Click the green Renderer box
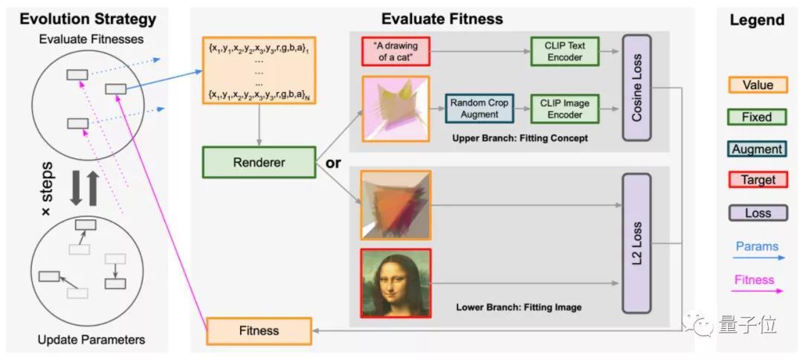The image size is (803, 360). tap(259, 162)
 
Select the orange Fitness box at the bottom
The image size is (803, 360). tap(259, 330)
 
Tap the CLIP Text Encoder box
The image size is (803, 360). tap(564, 51)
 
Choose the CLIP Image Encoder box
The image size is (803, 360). tap(564, 109)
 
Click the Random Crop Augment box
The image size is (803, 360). tap(480, 109)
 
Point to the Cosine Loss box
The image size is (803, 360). tap(636, 88)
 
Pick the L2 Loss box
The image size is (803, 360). tap(636, 243)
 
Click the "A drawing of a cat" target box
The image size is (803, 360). tap(396, 51)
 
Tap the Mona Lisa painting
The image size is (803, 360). tap(396, 283)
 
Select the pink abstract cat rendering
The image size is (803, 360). tap(396, 109)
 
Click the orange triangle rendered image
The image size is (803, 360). tap(396, 205)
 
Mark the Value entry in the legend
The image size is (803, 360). tap(758, 85)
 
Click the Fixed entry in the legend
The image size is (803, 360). tap(758, 117)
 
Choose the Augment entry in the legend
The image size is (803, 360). tap(758, 149)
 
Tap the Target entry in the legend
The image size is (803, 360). tap(758, 180)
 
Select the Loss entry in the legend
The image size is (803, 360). tap(758, 213)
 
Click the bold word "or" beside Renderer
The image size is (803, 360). tap(333, 164)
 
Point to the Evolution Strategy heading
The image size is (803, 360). tap(88, 19)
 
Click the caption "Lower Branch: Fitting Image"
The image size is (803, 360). tap(519, 308)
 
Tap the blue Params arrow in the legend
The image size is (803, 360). tap(758, 257)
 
